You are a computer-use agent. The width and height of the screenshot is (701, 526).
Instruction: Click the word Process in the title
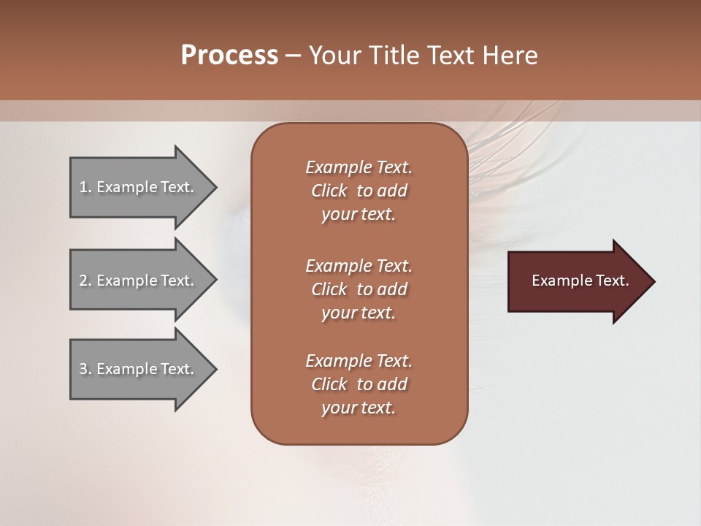coord(229,56)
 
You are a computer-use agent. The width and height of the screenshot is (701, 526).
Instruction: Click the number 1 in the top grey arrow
coord(83,187)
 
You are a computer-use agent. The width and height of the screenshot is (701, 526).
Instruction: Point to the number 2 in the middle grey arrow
coord(83,281)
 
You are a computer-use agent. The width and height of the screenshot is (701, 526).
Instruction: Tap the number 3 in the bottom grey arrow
coord(83,369)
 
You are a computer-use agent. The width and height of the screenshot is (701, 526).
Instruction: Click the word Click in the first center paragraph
coord(329,191)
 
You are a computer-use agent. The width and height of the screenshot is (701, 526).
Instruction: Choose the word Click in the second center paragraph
coord(329,289)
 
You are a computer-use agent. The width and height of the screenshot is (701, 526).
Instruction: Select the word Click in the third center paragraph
coord(329,384)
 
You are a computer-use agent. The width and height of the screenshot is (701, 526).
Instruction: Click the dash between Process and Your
coord(293,56)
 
